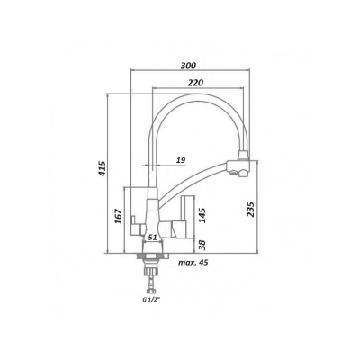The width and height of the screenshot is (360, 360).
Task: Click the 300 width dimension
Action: [188, 66]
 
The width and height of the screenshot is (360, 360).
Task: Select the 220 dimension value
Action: [195, 83]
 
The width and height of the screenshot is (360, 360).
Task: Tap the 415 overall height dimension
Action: [103, 168]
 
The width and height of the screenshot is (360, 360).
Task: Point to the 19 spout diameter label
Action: [181, 160]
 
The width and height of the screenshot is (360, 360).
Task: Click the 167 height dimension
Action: [119, 216]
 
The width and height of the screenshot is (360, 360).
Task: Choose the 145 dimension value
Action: [202, 215]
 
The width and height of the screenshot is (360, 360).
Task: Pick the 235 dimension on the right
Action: [251, 210]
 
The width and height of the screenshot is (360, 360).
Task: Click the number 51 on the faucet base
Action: [153, 238]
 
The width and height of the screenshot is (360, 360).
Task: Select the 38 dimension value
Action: [202, 245]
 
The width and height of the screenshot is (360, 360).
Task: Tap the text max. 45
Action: [193, 263]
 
